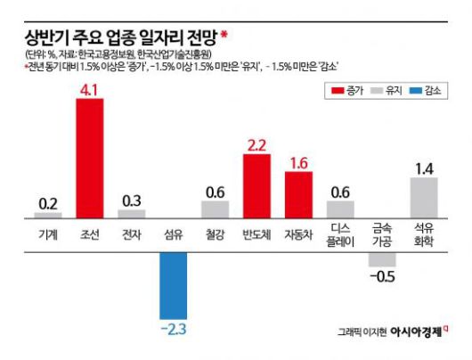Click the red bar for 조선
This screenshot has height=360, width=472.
90,159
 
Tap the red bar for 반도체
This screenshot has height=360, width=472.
257,186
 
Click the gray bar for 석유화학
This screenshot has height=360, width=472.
425,198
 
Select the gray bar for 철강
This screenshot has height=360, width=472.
216,209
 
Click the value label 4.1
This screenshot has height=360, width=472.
90,89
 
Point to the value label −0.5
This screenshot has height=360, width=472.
383,277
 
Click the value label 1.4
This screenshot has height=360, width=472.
425,168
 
